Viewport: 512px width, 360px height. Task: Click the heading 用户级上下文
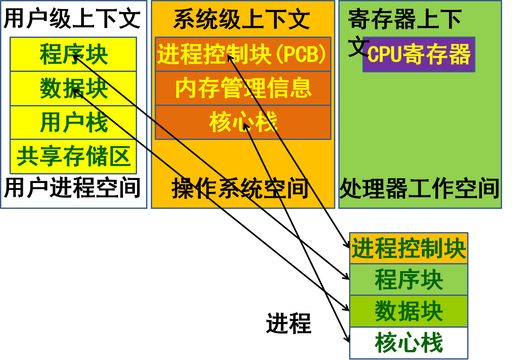72,19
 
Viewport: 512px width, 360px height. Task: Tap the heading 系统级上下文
242,19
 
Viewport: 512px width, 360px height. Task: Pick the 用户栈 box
73,122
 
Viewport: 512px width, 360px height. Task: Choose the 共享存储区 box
73,156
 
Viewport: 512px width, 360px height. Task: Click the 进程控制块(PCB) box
243,54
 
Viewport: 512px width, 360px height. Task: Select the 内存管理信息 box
243,88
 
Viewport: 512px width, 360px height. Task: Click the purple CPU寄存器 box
418,55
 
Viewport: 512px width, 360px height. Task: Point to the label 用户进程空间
72,188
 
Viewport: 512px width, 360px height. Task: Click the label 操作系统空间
240,188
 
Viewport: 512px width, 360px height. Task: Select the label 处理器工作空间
419,188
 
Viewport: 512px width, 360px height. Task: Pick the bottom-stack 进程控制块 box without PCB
409,248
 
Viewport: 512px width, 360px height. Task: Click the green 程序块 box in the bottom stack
409,279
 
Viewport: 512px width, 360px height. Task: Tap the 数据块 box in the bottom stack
409,311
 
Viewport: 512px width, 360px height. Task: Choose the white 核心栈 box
409,343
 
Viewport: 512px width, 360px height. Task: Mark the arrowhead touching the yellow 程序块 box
75,56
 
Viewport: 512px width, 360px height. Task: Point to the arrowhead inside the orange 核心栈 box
245,126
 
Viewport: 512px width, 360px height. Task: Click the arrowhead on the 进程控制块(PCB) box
229,57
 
